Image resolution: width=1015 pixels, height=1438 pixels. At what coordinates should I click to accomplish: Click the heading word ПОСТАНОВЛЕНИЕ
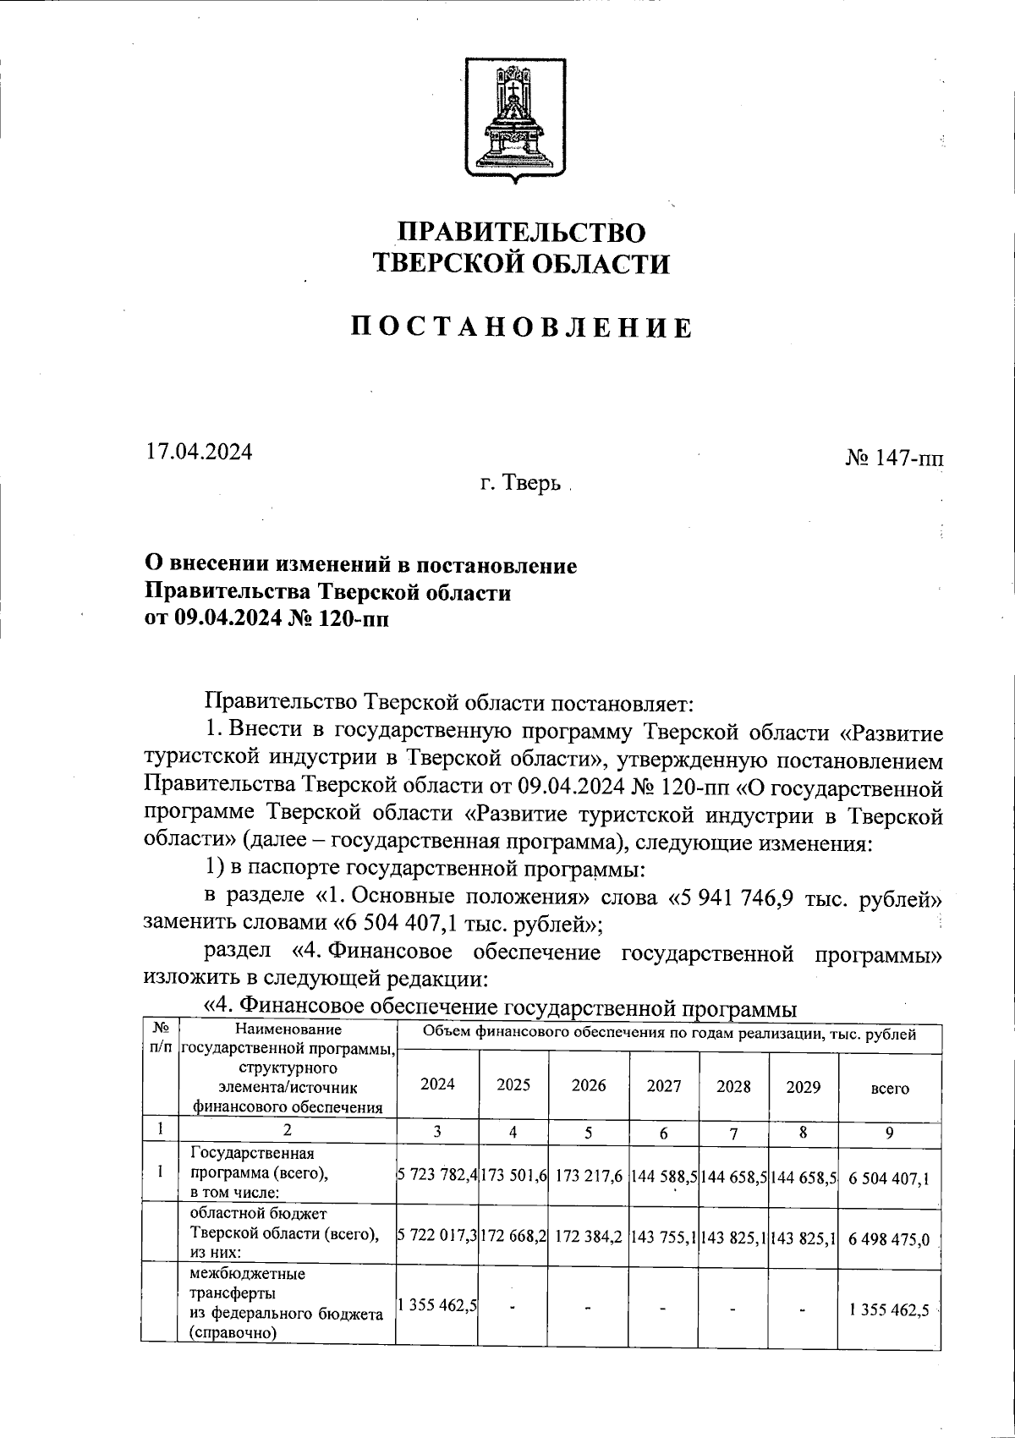coord(522,327)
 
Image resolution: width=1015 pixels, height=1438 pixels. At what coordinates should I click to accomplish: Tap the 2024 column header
coord(437,1085)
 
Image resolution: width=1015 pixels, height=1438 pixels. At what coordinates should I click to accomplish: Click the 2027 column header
coord(664,1085)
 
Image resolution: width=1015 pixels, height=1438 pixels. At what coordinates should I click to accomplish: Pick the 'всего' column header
coord(889,1089)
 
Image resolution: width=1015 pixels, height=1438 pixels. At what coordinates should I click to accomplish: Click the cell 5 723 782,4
coord(438,1177)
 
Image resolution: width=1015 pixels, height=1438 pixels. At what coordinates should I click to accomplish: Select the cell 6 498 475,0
coord(889,1239)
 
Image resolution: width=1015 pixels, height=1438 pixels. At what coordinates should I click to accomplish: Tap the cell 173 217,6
coord(589,1177)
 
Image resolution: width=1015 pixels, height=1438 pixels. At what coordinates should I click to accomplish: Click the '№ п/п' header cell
coord(161,1038)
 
